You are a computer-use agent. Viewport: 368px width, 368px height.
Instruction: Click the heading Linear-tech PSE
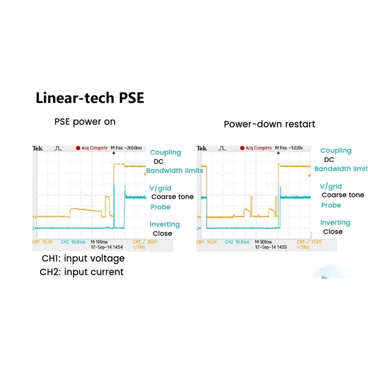90,98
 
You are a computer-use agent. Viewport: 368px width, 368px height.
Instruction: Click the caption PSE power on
85,122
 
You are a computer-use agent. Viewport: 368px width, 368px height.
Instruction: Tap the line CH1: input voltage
82,258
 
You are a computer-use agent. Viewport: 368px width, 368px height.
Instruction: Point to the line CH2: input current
81,272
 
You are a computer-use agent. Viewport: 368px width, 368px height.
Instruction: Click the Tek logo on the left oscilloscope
37,149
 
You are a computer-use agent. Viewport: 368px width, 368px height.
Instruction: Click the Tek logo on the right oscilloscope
202,148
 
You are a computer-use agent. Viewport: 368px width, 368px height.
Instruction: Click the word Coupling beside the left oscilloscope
166,152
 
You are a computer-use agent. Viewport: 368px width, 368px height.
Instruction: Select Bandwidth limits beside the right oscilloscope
341,169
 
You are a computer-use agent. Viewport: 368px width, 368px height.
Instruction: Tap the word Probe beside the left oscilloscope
161,207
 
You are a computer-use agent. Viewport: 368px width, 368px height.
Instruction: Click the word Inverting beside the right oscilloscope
335,223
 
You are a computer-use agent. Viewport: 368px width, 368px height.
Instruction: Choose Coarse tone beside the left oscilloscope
172,197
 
